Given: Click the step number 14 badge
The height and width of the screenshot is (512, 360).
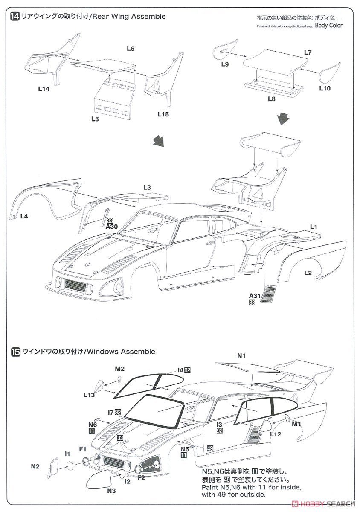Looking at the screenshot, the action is pos(15,17).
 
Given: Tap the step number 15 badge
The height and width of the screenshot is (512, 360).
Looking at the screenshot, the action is pos(15,352).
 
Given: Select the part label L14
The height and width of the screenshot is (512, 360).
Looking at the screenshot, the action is pos(44,89).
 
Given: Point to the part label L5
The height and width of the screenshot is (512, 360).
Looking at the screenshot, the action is pos(95,119).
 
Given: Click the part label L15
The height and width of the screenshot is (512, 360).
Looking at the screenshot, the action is pos(163,114).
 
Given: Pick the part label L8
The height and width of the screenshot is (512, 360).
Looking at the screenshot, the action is pos(272,99).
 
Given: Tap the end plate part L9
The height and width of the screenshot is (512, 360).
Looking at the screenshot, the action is pos(225,50).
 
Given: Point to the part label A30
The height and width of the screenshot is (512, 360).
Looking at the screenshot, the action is pos(112,227).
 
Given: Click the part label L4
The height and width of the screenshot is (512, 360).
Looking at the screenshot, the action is pos(24,216).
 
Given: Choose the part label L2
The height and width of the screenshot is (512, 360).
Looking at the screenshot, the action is pos(308,273).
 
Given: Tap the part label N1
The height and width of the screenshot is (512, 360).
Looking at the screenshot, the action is pos(241,356).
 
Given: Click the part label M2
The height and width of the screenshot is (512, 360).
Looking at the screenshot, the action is pos(119,369).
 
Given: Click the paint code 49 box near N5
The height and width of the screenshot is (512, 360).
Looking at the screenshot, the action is pos(210,448).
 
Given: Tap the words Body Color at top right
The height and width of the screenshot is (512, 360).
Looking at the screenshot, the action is pos(329,25).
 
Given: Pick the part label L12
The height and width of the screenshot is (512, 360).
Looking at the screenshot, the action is pos(276,434).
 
